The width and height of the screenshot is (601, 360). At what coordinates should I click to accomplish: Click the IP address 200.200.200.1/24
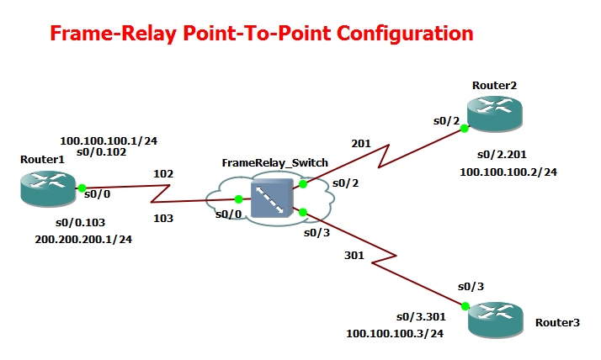(83, 240)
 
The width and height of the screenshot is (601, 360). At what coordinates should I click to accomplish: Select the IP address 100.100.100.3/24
(395, 333)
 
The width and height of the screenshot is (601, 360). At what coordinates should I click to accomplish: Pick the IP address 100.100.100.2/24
(508, 172)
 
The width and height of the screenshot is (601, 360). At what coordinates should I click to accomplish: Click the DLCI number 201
(361, 144)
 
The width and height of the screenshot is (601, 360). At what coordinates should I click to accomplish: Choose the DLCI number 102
(163, 174)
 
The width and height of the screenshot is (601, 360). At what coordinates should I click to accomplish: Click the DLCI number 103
(163, 219)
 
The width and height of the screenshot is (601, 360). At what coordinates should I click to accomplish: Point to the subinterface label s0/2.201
(503, 156)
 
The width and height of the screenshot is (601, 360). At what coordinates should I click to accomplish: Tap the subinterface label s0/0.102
(101, 153)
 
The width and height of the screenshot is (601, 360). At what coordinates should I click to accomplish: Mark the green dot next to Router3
(464, 306)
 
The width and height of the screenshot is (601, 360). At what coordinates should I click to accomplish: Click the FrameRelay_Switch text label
(274, 162)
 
